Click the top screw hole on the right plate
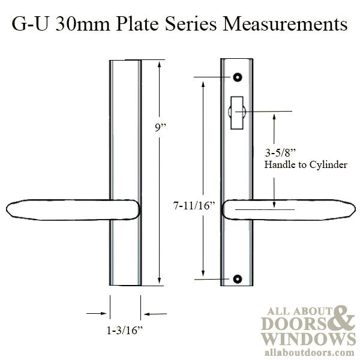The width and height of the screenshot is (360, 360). (x=238, y=78)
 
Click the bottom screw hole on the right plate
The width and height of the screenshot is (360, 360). (x=238, y=279)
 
